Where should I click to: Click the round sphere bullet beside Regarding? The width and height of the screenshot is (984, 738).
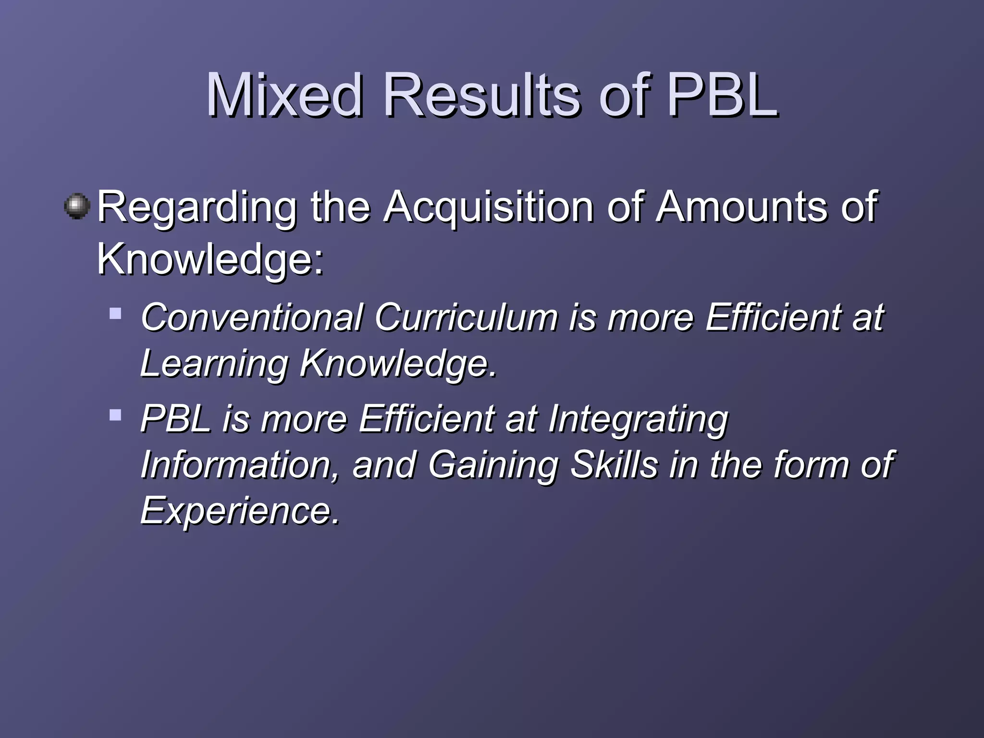pyautogui.click(x=77, y=207)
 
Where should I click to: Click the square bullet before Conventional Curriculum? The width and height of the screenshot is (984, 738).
pyautogui.click(x=115, y=314)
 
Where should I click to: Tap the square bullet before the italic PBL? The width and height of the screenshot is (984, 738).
pyautogui.click(x=115, y=415)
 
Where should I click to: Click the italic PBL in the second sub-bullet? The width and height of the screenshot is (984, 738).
pyautogui.click(x=176, y=418)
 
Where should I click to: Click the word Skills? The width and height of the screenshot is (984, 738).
pyautogui.click(x=614, y=465)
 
